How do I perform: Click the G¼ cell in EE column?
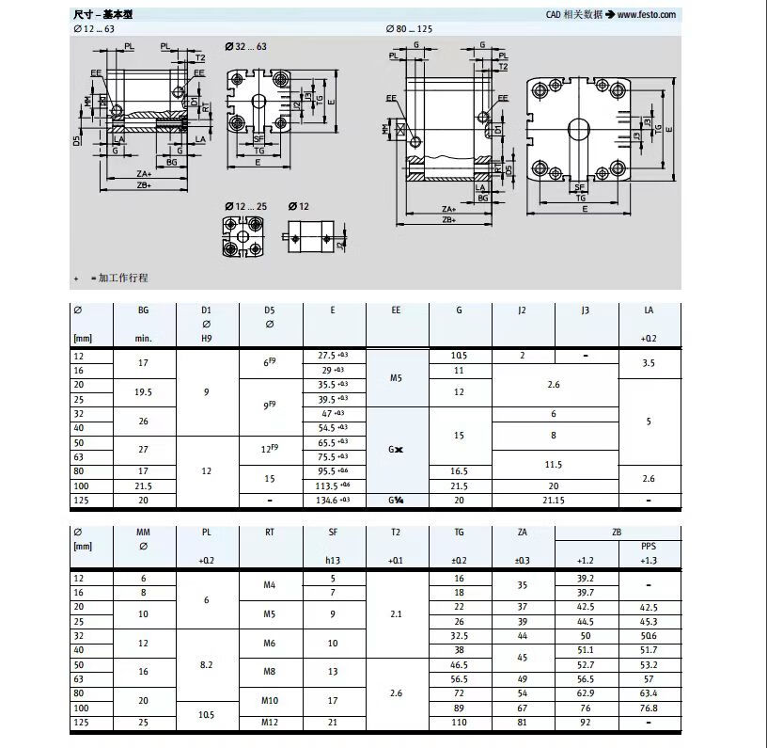tap(396, 501)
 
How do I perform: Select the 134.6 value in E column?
tap(330, 501)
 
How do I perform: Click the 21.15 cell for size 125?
tap(555, 501)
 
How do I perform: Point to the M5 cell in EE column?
tap(396, 377)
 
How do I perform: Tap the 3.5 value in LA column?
tap(649, 362)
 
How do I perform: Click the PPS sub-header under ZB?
tap(649, 546)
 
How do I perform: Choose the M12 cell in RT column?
tap(270, 722)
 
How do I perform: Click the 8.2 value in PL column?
tap(207, 663)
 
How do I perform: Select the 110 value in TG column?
tap(460, 722)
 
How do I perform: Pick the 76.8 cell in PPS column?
tap(649, 708)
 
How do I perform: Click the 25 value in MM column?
tap(143, 722)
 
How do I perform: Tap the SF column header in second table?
tap(334, 533)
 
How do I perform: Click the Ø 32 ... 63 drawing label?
tap(245, 45)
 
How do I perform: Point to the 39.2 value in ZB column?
tap(586, 578)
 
